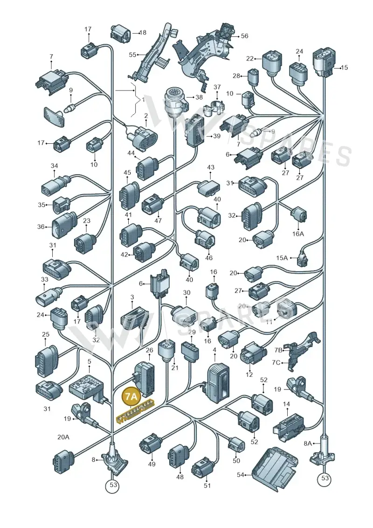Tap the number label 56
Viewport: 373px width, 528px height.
[x=244, y=35]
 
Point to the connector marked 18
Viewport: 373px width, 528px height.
[x=121, y=33]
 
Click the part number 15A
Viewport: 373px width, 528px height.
[x=282, y=258]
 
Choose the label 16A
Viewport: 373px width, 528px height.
[x=297, y=233]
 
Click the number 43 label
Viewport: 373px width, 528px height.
[x=211, y=167]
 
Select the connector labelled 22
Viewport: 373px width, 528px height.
[x=271, y=63]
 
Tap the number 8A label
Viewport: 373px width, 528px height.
[x=308, y=444]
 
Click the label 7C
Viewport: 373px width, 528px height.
[x=276, y=362]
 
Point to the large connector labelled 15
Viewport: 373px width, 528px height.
[x=324, y=61]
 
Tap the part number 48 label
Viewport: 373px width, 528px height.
[x=180, y=477]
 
